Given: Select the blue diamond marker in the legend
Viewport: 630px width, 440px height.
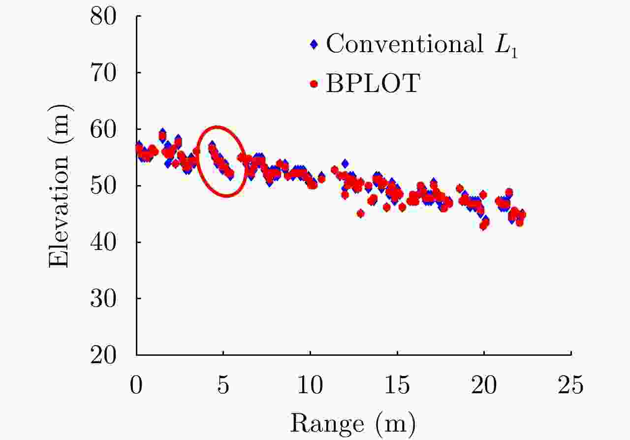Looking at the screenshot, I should (314, 44).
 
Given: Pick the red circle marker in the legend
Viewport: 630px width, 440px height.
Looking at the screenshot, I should (314, 84).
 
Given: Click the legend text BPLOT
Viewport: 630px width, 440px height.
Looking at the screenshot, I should (373, 84).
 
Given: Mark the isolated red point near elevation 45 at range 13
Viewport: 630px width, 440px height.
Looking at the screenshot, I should (360, 213).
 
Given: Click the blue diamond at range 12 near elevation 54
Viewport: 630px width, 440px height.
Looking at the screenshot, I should (345, 163).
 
